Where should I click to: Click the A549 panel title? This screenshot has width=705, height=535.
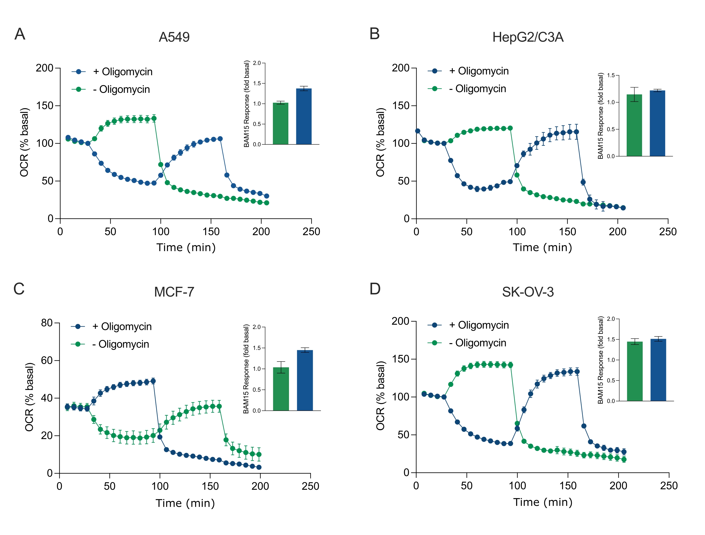tap(174, 37)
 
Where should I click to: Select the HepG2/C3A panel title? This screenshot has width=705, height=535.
tap(528, 37)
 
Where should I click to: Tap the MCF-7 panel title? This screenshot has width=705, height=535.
tap(174, 292)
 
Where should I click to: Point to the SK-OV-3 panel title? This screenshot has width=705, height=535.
tap(528, 292)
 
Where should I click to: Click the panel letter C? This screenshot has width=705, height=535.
tap(19, 289)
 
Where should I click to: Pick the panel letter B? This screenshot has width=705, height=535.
tap(375, 34)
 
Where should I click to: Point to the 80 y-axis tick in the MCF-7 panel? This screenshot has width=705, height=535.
tap(47, 323)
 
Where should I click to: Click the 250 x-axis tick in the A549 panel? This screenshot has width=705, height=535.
tap(311, 232)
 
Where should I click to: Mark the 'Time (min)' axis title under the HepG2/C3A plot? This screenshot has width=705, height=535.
tap(542, 248)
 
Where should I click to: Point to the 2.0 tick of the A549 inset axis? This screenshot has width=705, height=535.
tap(257, 63)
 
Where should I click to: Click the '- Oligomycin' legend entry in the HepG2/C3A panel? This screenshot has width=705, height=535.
tap(477, 89)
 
